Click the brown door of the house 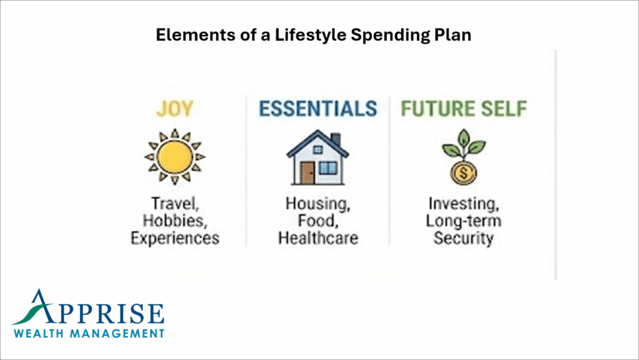click(308, 173)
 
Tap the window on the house click(328, 167)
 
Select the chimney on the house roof click(335, 138)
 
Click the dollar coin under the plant click(463, 173)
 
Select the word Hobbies click(174, 221)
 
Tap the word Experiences click(175, 238)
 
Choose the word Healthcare click(318, 238)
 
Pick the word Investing click(463, 204)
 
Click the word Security click(463, 238)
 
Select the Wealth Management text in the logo click(89, 333)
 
